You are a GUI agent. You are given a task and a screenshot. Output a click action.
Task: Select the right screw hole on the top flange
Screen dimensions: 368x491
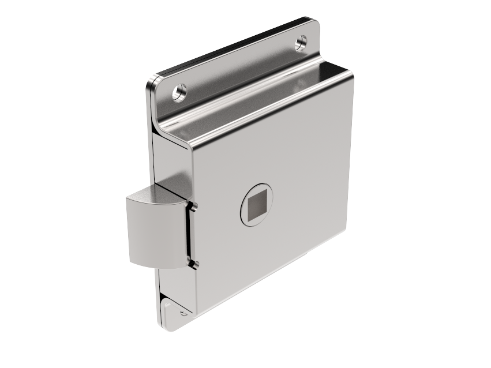301,42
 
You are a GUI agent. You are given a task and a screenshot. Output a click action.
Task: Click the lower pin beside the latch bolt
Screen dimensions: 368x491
194,264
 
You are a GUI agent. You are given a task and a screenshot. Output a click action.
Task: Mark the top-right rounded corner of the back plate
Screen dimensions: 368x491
314,24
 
